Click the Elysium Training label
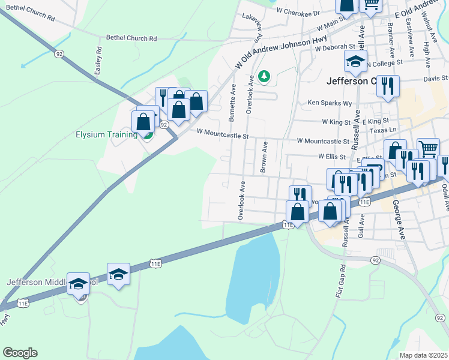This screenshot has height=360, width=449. click(106, 134)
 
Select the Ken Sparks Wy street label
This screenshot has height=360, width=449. click(330, 103)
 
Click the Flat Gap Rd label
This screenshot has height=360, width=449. click(340, 281)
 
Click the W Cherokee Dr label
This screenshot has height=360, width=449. click(298, 11)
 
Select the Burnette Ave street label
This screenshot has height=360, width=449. click(232, 102)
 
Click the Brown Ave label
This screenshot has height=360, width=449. click(264, 157)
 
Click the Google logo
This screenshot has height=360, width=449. click(20, 353)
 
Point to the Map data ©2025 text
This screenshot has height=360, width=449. click(424, 355)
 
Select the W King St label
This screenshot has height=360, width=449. click(336, 122)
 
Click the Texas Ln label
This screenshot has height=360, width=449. click(384, 130)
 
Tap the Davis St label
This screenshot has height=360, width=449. click(436, 78)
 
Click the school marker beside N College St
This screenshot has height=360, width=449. click(355, 61)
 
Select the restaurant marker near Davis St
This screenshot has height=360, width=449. click(388, 86)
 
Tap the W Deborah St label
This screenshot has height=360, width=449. click(335, 47)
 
